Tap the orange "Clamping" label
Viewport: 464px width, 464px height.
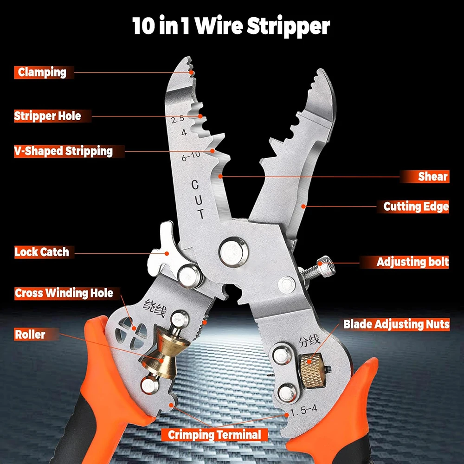pyautogui.click(x=42, y=72)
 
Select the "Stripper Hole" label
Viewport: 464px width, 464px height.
pyautogui.click(x=47, y=116)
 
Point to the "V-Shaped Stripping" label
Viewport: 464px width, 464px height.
pyautogui.click(x=63, y=151)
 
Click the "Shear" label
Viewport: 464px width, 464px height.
pyautogui.click(x=432, y=176)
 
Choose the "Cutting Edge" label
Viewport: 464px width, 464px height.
pyautogui.click(x=416, y=206)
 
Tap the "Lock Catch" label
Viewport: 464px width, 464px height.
pyautogui.click(x=42, y=252)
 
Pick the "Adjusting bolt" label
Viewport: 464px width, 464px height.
pyautogui.click(x=412, y=262)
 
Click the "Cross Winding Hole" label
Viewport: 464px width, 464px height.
pyautogui.click(x=64, y=293)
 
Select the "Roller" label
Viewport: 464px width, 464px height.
pyautogui.click(x=30, y=334)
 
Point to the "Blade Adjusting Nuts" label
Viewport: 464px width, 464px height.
pyautogui.click(x=396, y=324)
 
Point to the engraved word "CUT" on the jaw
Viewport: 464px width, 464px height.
pyautogui.click(x=197, y=200)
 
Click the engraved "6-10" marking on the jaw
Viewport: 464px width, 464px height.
pyautogui.click(x=191, y=157)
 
